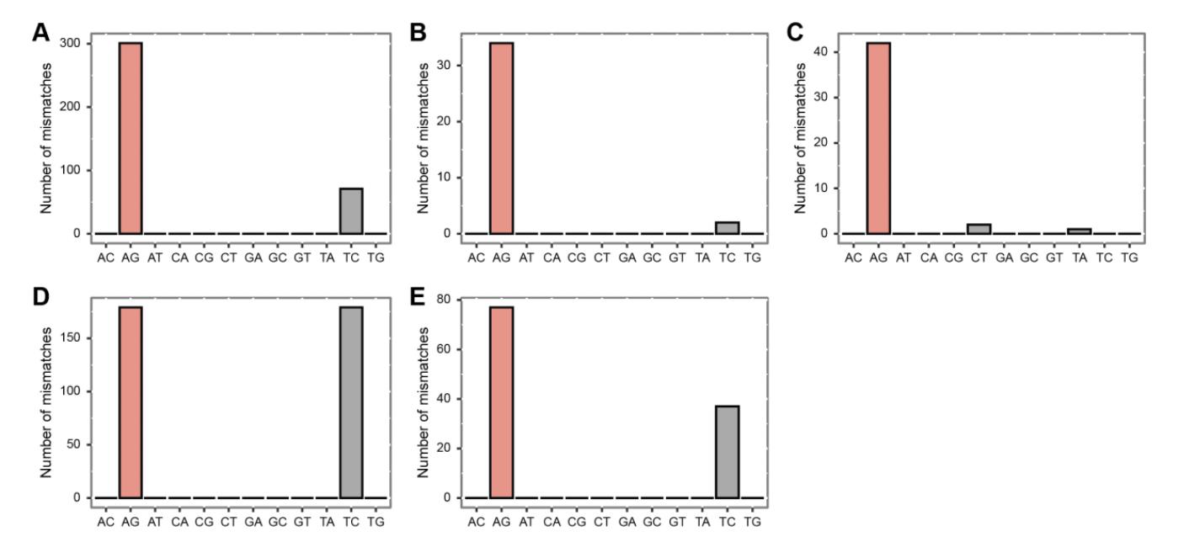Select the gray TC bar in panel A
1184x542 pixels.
pyautogui.click(x=351, y=210)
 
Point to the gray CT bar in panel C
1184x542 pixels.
pyautogui.click(x=979, y=229)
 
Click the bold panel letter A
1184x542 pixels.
pyautogui.click(x=40, y=33)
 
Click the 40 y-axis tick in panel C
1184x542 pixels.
pyautogui.click(x=821, y=51)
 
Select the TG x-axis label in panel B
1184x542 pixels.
pyautogui.click(x=752, y=257)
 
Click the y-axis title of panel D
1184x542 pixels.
pyautogui.click(x=46, y=402)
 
